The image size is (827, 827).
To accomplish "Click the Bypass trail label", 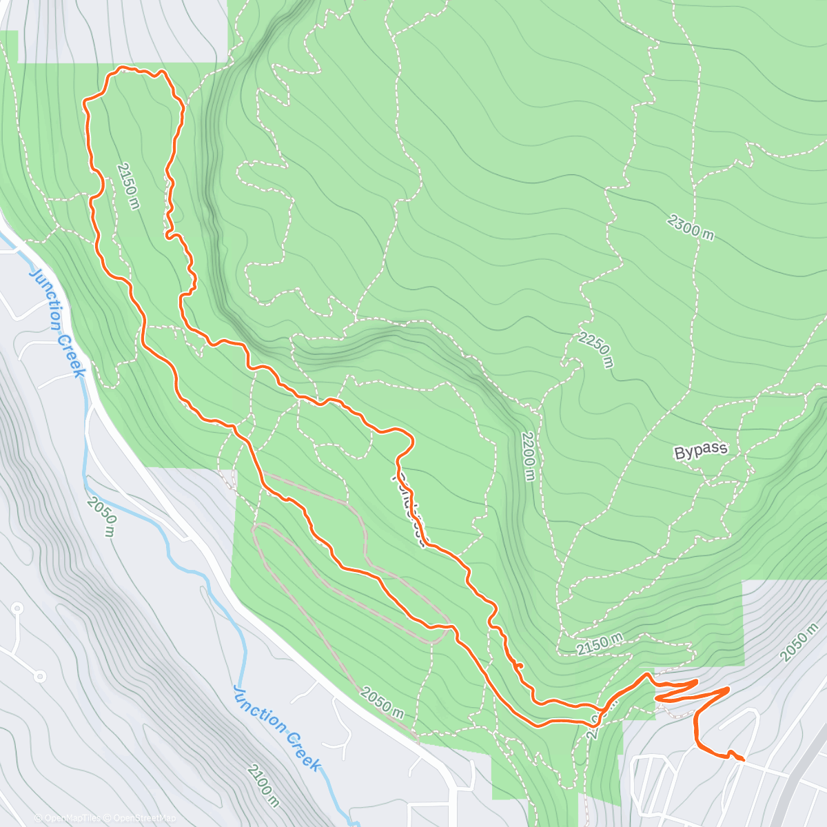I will click(x=700, y=451).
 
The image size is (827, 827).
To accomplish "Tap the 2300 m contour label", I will click(x=691, y=227).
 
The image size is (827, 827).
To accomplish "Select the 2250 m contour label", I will click(x=595, y=349).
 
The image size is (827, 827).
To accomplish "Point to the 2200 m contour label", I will click(x=527, y=456).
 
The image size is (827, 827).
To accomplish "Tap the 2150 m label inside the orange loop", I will click(x=128, y=185).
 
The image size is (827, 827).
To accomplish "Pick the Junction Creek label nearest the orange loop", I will click(x=58, y=322).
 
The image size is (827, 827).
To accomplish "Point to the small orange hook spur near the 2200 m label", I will click(x=519, y=665).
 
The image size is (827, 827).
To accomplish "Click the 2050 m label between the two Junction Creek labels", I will click(x=101, y=516).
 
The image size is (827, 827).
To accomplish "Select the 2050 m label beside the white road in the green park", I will click(x=381, y=703).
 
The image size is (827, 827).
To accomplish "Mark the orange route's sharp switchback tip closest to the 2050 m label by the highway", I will click(x=728, y=688).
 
